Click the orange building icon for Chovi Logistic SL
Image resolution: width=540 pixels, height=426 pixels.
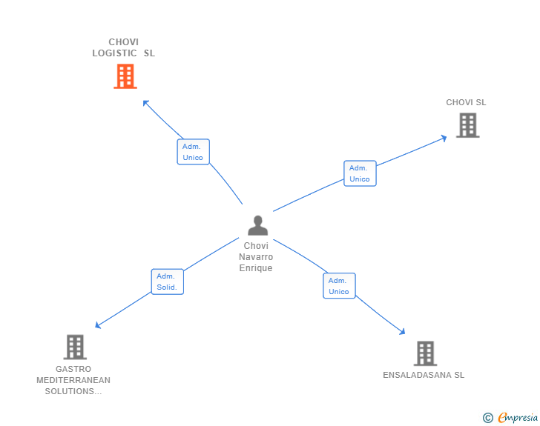pyautogui.click(x=125, y=76)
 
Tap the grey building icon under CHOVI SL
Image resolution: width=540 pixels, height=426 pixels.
pyautogui.click(x=467, y=125)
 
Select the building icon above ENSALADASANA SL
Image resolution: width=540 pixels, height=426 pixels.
pyautogui.click(x=425, y=353)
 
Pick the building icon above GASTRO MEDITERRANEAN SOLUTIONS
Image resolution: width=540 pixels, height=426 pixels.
pyautogui.click(x=75, y=347)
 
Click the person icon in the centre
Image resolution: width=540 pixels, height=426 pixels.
pyautogui.click(x=257, y=225)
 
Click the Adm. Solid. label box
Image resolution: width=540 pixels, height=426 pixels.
pyautogui.click(x=168, y=282)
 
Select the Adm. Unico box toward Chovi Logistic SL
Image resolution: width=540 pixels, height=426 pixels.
pyautogui.click(x=193, y=152)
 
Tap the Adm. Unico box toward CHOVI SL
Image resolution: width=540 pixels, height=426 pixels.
pyautogui.click(x=360, y=173)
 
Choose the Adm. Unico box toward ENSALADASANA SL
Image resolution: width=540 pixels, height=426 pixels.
pyautogui.click(x=339, y=286)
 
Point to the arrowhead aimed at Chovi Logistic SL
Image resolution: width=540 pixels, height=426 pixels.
pyautogui.click(x=145, y=103)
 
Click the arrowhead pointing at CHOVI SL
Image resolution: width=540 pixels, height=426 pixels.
pyautogui.click(x=444, y=138)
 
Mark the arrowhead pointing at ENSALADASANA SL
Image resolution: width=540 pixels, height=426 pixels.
pyautogui.click(x=402, y=332)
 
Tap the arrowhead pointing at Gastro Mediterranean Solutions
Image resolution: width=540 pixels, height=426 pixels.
pyautogui.click(x=98, y=325)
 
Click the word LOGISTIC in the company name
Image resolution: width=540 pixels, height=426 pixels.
pyautogui.click(x=114, y=53)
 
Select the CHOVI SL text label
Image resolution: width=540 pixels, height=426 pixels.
pyautogui.click(x=466, y=102)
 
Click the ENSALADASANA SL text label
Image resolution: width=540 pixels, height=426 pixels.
pyautogui.click(x=424, y=375)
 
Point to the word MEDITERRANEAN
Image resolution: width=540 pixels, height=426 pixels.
pyautogui.click(x=73, y=380)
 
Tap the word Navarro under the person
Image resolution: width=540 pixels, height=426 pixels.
pyautogui.click(x=256, y=256)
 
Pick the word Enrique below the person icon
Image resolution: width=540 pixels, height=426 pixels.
pyautogui.click(x=256, y=267)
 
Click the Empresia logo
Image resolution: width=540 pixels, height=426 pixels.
pyautogui.click(x=510, y=417)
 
